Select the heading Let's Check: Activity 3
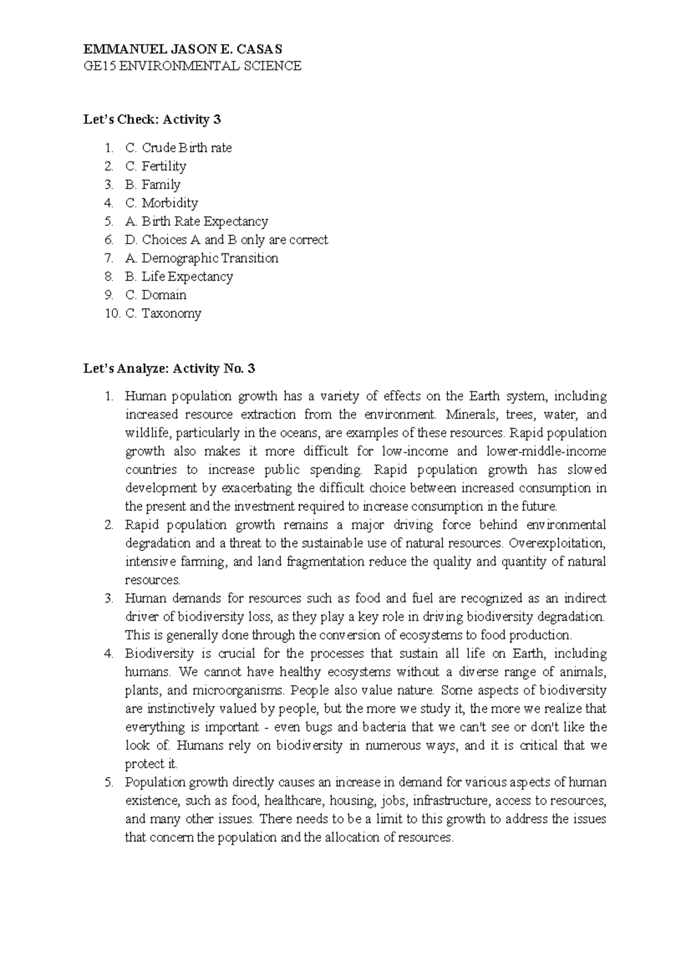152,120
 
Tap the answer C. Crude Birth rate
178,148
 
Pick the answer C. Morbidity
161,203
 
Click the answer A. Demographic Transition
201,258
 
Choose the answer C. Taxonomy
163,313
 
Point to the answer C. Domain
155,295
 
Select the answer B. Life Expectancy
179,277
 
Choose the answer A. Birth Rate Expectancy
196,221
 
